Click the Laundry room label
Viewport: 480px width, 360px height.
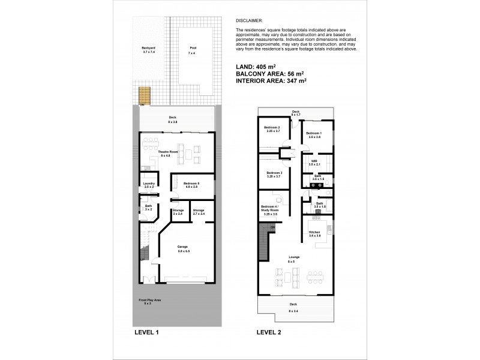(x=148, y=184)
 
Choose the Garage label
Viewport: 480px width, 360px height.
(x=183, y=247)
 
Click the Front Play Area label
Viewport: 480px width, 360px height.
(x=148, y=301)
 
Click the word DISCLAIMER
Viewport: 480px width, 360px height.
(x=250, y=20)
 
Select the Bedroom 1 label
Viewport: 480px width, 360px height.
(x=314, y=134)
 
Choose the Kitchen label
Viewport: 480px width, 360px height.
(x=315, y=232)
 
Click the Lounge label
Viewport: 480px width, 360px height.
(x=293, y=257)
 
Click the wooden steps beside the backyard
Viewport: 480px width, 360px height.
(x=143, y=95)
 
